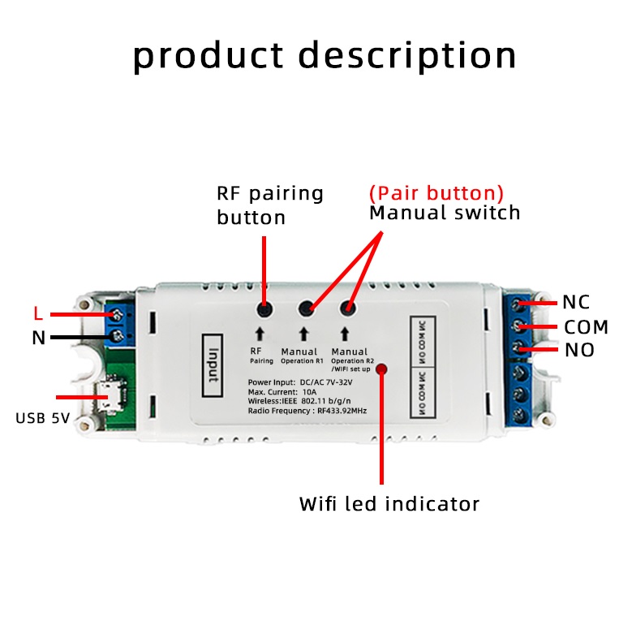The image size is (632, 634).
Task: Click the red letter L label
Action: point(37,313)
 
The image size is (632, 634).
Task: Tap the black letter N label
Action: point(38,338)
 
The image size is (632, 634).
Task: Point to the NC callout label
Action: point(576,302)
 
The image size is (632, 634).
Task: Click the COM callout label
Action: point(586,327)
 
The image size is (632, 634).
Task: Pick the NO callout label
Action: point(579,351)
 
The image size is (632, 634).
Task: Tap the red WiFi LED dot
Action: point(381,369)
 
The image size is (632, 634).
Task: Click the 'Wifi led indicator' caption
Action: point(389,503)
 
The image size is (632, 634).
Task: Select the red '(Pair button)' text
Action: point(436,193)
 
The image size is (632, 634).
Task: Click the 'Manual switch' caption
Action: point(445,213)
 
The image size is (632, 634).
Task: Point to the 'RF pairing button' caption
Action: point(269,205)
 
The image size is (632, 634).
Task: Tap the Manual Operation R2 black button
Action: point(349,307)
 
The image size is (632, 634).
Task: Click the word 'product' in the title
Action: point(208,57)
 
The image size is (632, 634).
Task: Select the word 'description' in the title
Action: point(407,57)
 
